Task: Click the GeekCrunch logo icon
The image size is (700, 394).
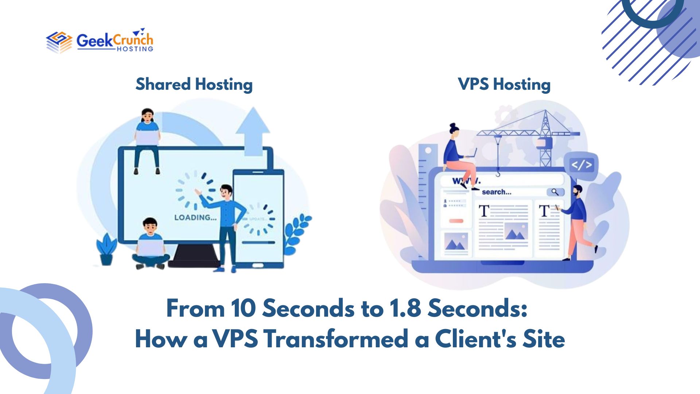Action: click(x=59, y=42)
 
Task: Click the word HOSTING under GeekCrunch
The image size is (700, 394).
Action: click(x=135, y=49)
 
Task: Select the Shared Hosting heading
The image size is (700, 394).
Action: click(x=194, y=84)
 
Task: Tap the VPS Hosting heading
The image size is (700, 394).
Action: click(x=504, y=84)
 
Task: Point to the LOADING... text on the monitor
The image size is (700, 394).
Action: click(x=195, y=218)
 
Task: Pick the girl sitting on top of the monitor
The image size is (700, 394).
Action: click(x=147, y=139)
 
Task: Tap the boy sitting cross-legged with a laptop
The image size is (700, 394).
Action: click(x=150, y=244)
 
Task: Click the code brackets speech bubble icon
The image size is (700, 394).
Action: click(x=581, y=165)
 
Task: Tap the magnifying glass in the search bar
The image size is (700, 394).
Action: click(x=555, y=192)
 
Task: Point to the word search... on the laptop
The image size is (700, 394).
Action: click(x=497, y=192)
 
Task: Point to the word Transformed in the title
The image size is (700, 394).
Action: click(x=336, y=339)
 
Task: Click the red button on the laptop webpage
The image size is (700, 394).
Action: click(x=456, y=221)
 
